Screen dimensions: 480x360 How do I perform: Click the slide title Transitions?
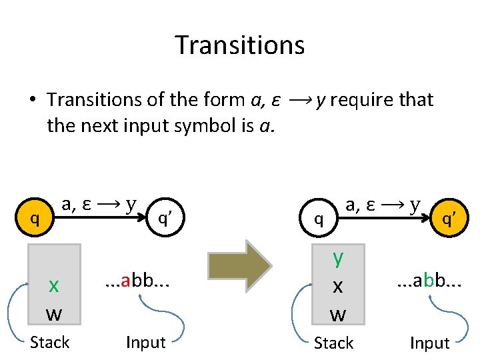pos(240,45)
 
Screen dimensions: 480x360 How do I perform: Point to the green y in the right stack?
pos(338,257)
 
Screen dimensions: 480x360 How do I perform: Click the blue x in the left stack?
pos(54,285)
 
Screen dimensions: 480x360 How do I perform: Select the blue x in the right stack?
pos(338,285)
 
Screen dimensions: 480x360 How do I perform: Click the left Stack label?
pos(49,343)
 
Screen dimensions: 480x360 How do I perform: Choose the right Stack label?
pos(333,343)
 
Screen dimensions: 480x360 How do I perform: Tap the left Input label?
pos(145,343)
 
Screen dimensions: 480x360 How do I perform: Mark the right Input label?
pos(429,343)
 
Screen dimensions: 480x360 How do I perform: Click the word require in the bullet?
pos(361,100)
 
